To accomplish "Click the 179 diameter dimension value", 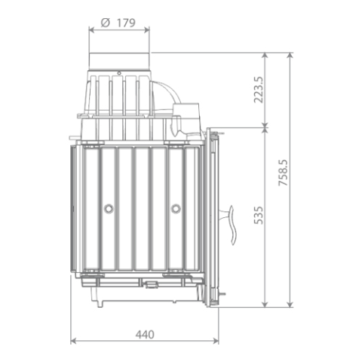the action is click(x=126, y=23).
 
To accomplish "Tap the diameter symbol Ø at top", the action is click(x=106, y=23).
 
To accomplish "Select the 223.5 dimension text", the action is click(x=259, y=90).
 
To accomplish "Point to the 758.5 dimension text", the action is click(x=283, y=173).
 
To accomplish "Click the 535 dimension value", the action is click(x=259, y=215).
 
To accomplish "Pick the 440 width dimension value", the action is click(x=145, y=335).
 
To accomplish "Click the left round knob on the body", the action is click(x=109, y=208).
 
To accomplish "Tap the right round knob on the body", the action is click(x=176, y=208).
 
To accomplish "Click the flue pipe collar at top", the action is click(x=119, y=62).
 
